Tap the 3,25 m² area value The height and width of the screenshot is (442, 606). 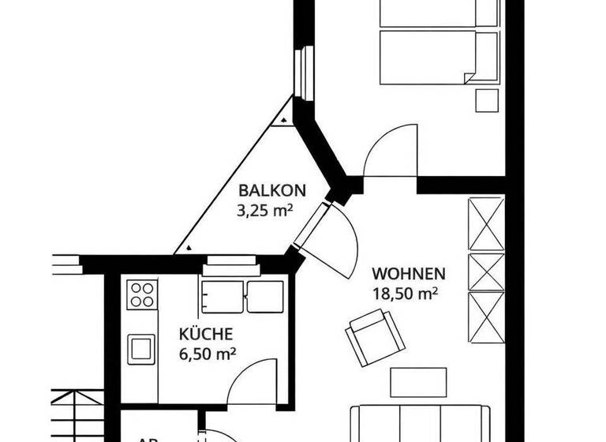[265, 210]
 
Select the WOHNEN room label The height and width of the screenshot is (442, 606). [409, 275]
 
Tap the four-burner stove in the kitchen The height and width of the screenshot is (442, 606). [142, 294]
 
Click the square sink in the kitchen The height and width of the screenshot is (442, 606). [142, 346]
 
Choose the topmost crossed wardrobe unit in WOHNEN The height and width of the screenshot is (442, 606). [485, 223]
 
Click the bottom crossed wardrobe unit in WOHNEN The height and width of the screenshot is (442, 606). [485, 318]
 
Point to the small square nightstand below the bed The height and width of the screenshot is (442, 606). [488, 101]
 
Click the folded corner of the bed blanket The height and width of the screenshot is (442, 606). [471, 75]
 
